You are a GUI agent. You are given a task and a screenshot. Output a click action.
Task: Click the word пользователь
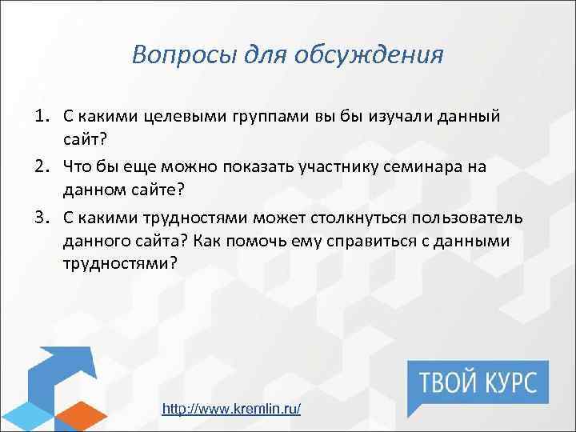(x=468, y=219)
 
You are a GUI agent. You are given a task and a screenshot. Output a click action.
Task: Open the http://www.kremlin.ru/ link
(x=231, y=409)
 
